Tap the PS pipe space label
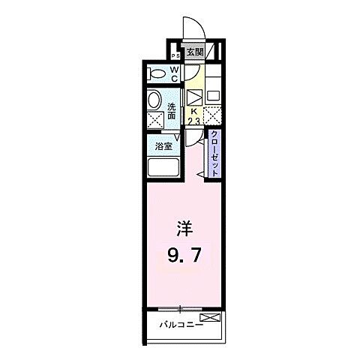175,55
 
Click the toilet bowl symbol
157,73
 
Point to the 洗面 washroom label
172,110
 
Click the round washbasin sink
154,99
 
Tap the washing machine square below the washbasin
155,119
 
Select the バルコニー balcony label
175,325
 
